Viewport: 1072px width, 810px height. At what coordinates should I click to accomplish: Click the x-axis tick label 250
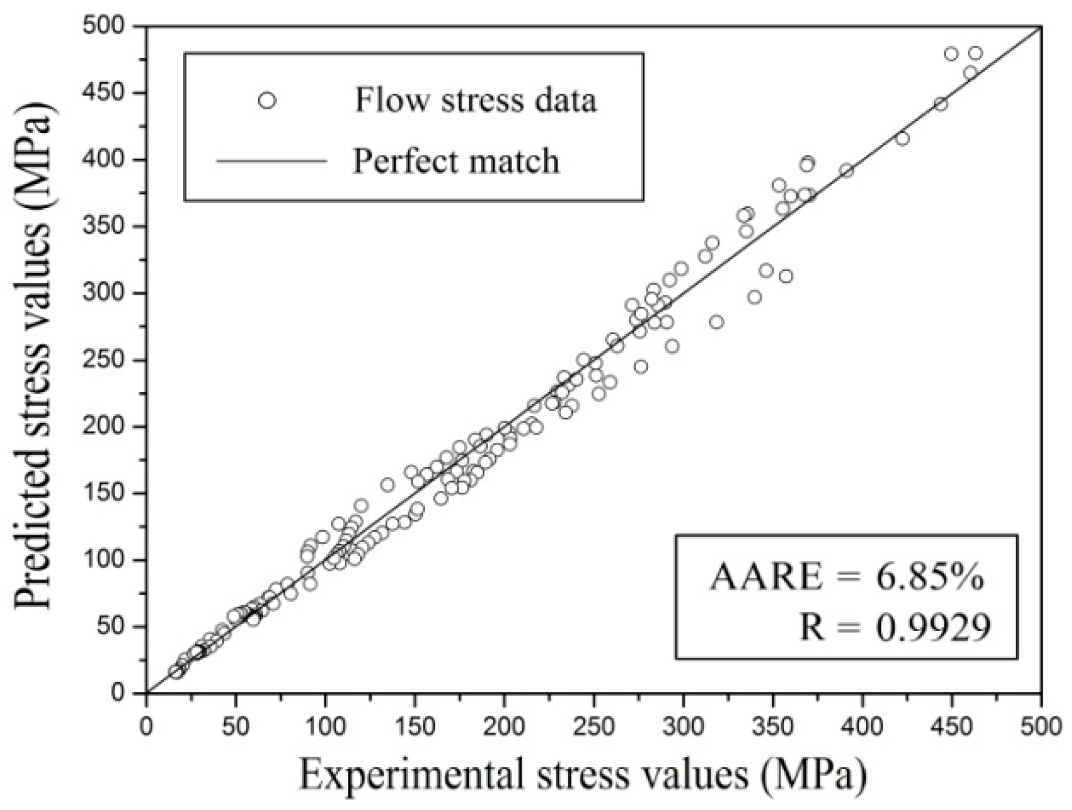[593, 727]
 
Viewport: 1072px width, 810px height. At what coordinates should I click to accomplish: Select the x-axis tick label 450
[951, 727]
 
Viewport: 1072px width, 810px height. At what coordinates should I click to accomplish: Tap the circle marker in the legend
[267, 100]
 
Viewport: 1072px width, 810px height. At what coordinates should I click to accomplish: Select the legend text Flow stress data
[475, 100]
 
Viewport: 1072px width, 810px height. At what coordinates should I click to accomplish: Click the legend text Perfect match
[455, 161]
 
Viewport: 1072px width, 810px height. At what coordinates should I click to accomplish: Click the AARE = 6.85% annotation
[846, 577]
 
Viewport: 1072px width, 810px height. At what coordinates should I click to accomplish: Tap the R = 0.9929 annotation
[895, 626]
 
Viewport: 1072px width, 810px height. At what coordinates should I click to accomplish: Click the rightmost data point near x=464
[975, 54]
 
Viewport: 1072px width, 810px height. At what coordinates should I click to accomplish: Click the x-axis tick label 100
[325, 727]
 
